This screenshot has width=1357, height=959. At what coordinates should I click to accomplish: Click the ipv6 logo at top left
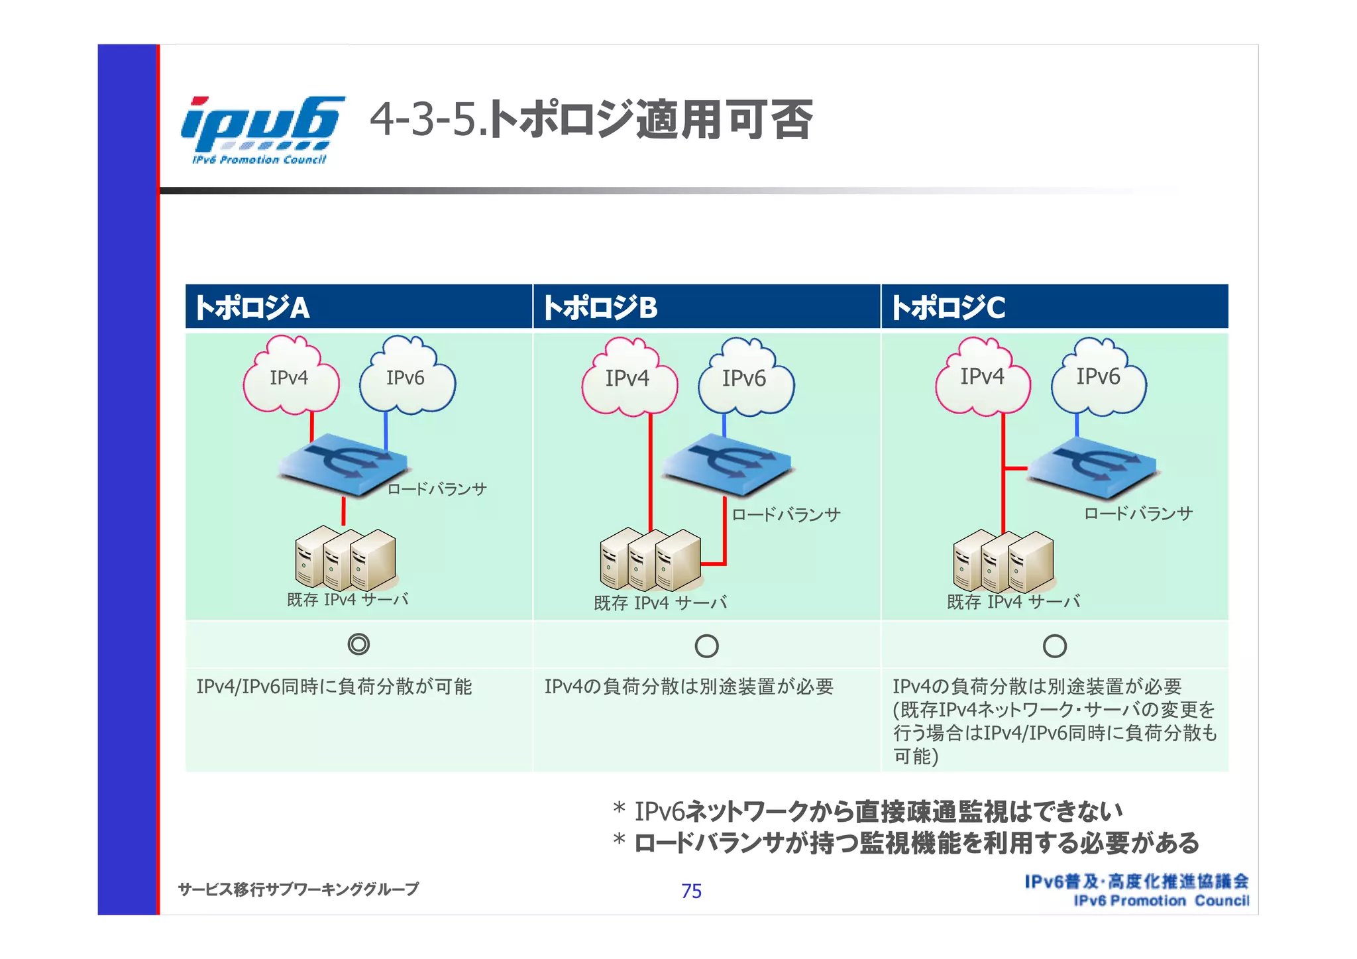pyautogui.click(x=262, y=129)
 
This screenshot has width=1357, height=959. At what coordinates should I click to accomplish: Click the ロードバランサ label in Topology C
pyautogui.click(x=1138, y=514)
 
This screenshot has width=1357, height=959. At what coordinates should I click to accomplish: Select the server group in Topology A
pyautogui.click(x=345, y=559)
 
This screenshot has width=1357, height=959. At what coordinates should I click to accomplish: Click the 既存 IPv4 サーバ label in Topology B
pyautogui.click(x=661, y=603)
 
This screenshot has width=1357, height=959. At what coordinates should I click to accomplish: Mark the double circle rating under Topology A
pyautogui.click(x=358, y=644)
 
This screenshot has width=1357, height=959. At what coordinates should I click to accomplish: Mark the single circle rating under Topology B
pyautogui.click(x=706, y=646)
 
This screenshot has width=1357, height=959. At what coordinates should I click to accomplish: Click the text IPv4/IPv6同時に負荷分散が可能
pyautogui.click(x=334, y=687)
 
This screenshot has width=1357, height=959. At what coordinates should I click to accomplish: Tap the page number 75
pyautogui.click(x=691, y=891)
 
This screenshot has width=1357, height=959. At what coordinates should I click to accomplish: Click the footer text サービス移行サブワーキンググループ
pyautogui.click(x=298, y=889)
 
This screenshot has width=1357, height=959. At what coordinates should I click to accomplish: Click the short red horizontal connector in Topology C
pyautogui.click(x=1016, y=469)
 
